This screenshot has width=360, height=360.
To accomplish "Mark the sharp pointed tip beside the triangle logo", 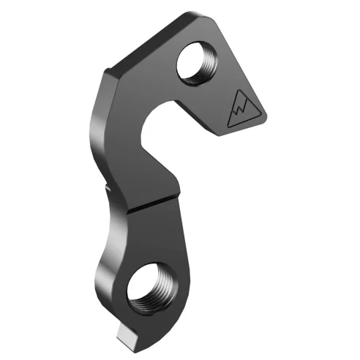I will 265,115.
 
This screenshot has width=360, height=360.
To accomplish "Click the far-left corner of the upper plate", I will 107,70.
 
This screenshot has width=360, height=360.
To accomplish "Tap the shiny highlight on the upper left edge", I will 95,132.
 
